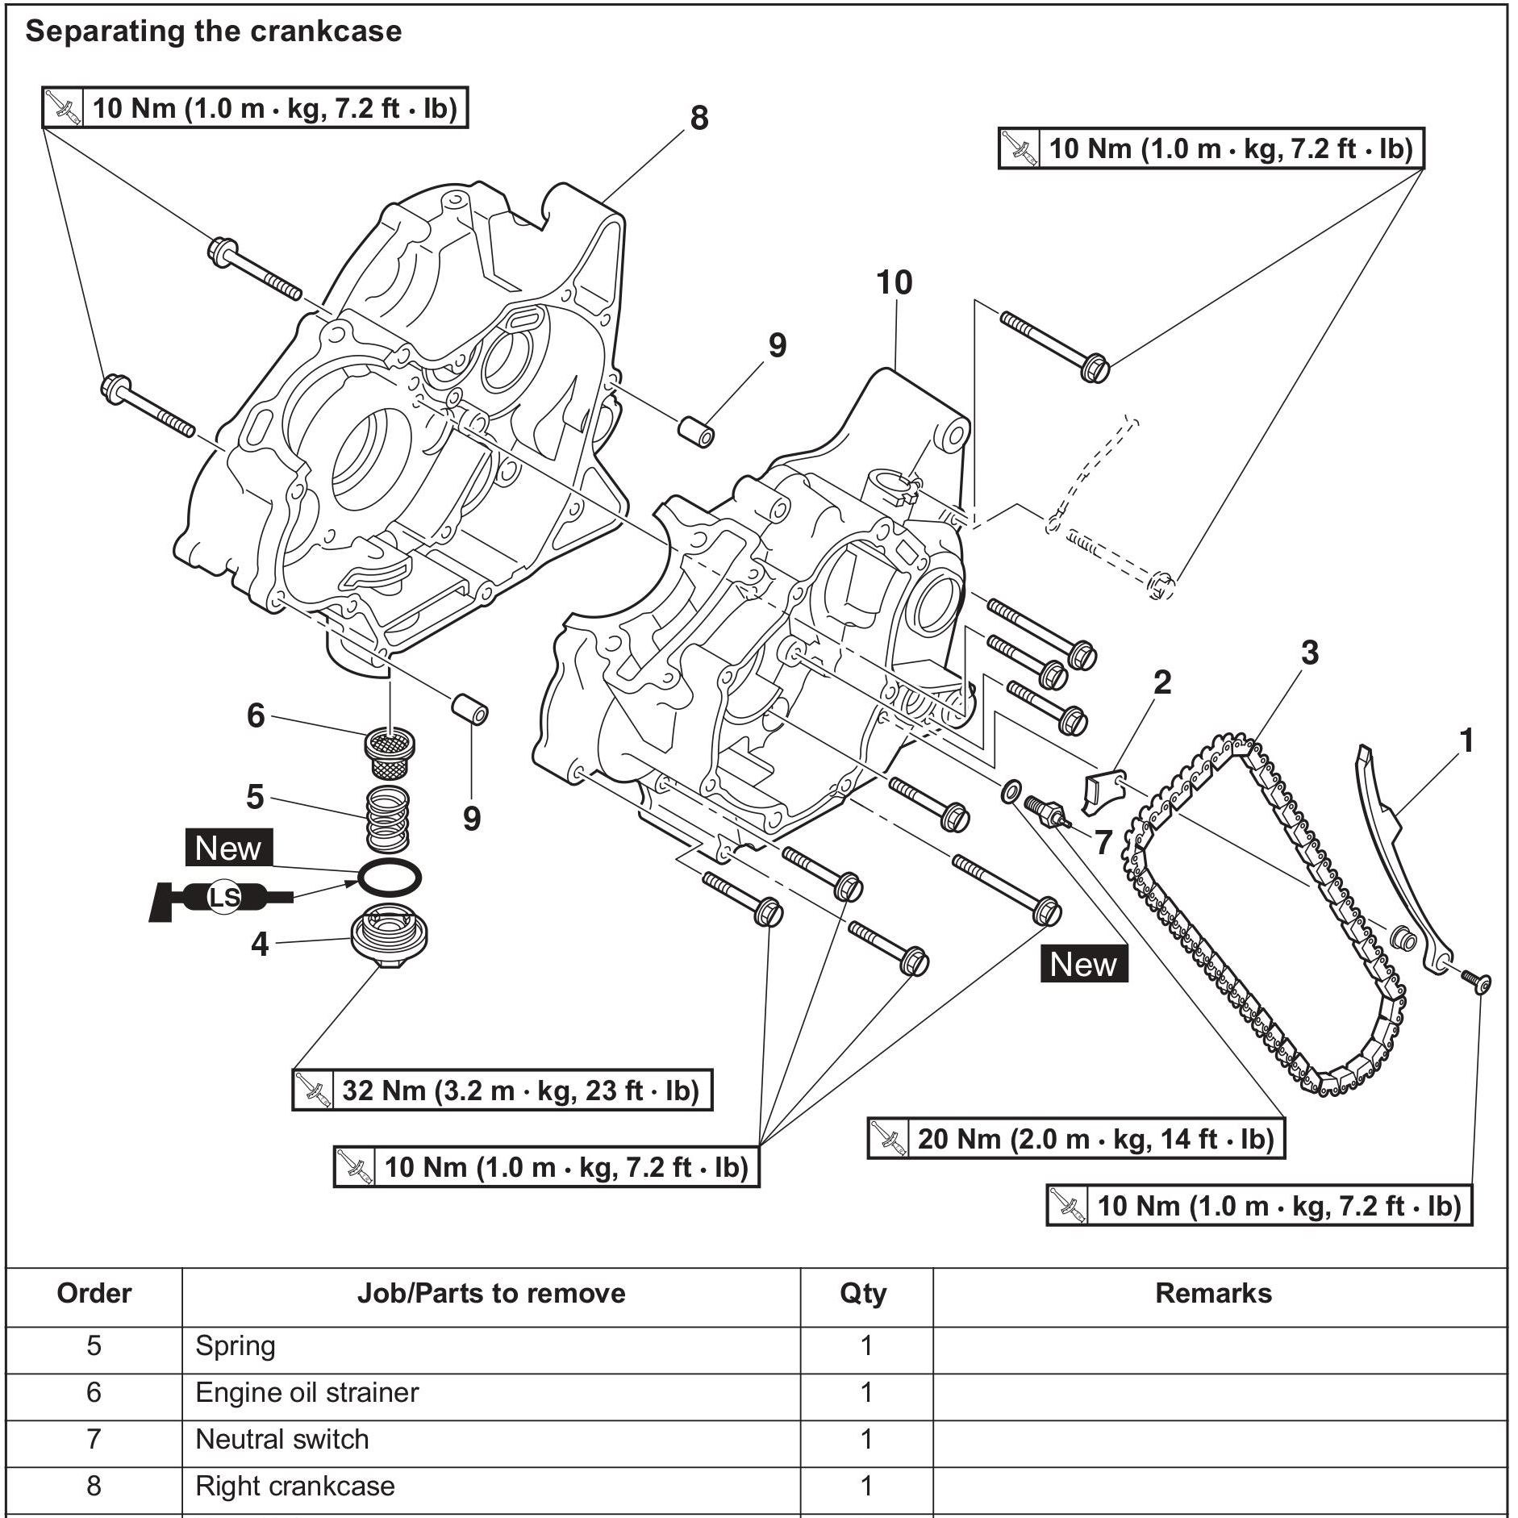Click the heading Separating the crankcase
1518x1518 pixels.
(x=213, y=31)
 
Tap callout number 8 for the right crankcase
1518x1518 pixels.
(x=699, y=118)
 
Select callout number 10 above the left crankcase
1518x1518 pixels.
(x=895, y=282)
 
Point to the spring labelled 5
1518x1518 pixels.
(x=388, y=818)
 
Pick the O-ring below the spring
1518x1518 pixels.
(x=390, y=878)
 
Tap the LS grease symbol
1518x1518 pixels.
(x=223, y=897)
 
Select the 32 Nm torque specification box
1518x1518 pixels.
(x=502, y=1090)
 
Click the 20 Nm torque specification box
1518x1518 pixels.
(x=1076, y=1138)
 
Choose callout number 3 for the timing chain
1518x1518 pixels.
(x=1309, y=653)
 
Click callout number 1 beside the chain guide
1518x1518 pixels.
(x=1467, y=740)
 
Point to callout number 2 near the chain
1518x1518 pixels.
(x=1162, y=682)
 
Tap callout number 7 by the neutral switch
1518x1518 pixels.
(x=1103, y=842)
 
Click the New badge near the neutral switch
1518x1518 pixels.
(x=1083, y=964)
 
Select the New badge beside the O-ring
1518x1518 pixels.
(x=228, y=848)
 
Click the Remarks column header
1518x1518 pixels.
(x=1213, y=1293)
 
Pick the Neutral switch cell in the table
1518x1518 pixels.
(x=282, y=1439)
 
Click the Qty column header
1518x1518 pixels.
(x=863, y=1294)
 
